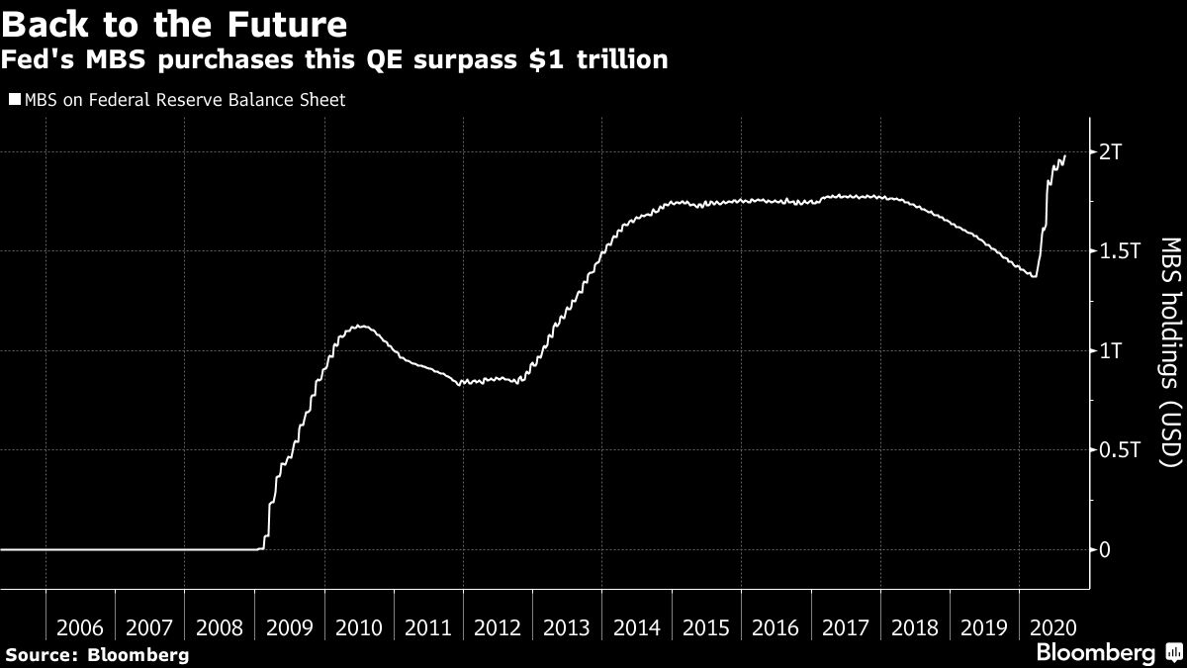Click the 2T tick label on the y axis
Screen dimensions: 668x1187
(x=1111, y=152)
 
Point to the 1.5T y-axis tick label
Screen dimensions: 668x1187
(x=1119, y=251)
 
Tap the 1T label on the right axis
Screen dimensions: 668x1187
(x=1111, y=351)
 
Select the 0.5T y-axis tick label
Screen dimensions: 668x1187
(x=1119, y=450)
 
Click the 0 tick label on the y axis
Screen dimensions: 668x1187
(x=1105, y=550)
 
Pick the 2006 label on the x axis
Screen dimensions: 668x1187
(x=81, y=627)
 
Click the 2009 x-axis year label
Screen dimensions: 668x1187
(x=290, y=627)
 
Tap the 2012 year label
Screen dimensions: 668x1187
(x=499, y=627)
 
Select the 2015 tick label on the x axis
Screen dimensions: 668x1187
(x=707, y=627)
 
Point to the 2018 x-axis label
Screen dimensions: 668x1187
(x=916, y=627)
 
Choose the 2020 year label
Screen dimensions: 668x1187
(x=1054, y=627)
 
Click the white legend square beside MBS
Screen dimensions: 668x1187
(x=13, y=99)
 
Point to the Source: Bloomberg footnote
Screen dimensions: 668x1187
(x=97, y=654)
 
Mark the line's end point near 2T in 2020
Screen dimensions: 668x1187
(x=1065, y=155)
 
